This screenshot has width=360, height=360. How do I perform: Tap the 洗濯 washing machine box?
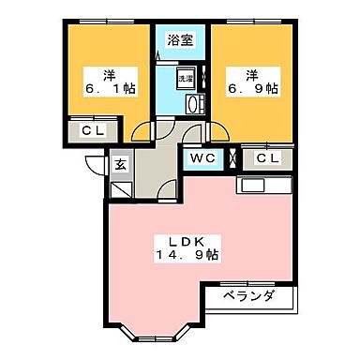[186, 79]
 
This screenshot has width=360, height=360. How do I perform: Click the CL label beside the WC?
[267, 158]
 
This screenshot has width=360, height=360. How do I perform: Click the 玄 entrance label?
[121, 165]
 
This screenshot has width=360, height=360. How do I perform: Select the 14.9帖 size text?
[187, 254]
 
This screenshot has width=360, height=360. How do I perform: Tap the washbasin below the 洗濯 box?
[194, 103]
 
